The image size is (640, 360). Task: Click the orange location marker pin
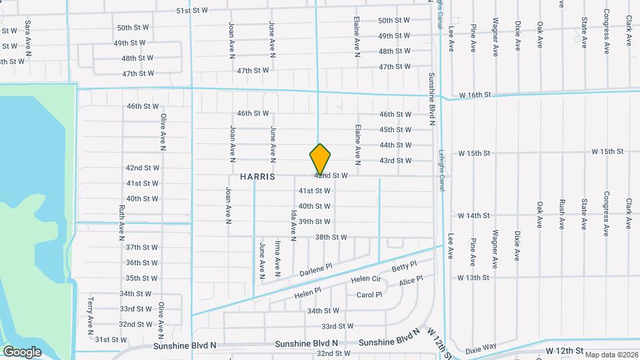[321, 159]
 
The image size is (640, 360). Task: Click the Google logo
[23, 351]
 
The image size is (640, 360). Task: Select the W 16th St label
[475, 95]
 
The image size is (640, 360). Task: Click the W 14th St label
[474, 215]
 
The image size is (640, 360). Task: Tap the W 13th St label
[474, 277]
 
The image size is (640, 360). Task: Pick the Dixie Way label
[481, 347]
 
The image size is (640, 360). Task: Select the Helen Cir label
[365, 279]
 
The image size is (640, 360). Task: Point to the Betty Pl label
[404, 267]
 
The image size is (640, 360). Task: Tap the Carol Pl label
[369, 295]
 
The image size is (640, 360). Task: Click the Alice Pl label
[407, 283]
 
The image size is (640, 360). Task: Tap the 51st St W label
[192, 11]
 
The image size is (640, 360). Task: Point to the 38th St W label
[331, 237]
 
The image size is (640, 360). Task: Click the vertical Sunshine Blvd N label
[432, 99]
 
